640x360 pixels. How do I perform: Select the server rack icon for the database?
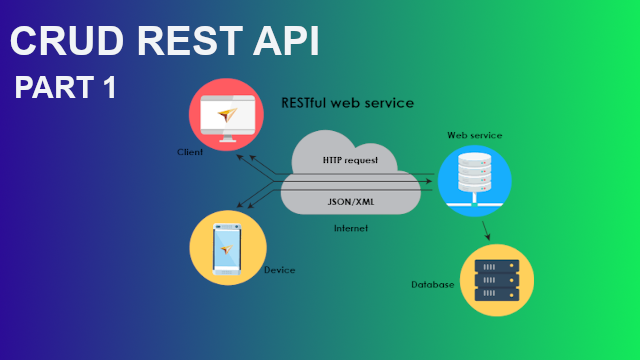(x=496, y=280)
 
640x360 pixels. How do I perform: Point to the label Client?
(x=190, y=153)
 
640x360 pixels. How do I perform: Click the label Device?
(x=279, y=270)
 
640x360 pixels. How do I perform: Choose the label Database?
(x=433, y=285)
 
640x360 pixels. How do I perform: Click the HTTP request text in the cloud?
(x=351, y=160)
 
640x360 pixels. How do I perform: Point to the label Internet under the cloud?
(x=351, y=228)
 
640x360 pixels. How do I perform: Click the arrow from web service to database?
(x=486, y=230)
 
